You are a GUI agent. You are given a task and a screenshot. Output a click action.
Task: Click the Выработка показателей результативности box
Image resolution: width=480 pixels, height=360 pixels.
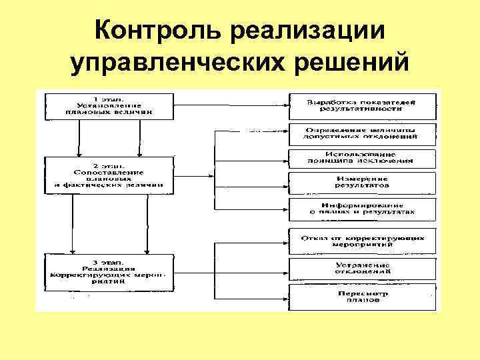click(363, 105)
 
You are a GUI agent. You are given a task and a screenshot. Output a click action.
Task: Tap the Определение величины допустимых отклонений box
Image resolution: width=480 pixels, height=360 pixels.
click(363, 133)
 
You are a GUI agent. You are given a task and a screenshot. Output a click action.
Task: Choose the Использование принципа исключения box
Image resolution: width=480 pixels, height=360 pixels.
click(363, 157)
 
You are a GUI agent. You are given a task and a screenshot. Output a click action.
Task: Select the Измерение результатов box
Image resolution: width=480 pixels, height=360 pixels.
click(363, 182)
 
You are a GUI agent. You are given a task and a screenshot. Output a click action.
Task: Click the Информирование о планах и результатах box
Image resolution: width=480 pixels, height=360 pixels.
click(363, 208)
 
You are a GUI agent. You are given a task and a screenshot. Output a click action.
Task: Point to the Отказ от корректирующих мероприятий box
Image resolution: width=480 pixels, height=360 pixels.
click(363, 240)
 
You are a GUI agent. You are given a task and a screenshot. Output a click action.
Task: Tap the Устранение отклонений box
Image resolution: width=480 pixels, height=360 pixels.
click(363, 268)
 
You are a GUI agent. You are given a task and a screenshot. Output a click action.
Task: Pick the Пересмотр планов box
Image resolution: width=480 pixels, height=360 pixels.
click(363, 296)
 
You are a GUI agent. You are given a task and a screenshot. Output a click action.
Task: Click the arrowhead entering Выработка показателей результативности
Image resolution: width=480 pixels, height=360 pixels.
click(285, 104)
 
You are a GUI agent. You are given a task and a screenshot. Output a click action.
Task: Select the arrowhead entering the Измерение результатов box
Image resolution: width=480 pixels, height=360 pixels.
click(285, 182)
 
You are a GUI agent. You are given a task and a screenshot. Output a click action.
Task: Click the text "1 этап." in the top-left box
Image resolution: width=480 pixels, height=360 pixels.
click(109, 99)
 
